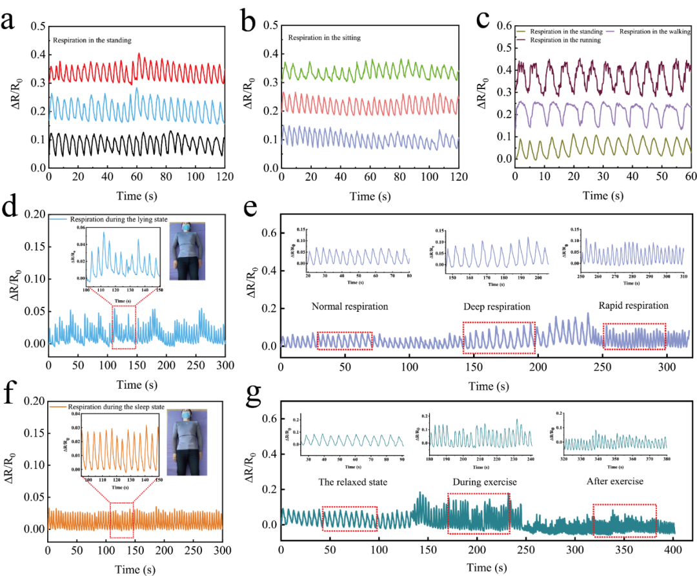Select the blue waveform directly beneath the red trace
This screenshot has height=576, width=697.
click(137, 107)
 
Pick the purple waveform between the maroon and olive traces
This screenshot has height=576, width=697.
click(603, 114)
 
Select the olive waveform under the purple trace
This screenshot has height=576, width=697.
click(603, 147)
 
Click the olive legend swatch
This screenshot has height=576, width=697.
click(521, 31)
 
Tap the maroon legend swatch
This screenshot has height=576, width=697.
click(521, 39)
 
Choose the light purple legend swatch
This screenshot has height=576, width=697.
click(610, 31)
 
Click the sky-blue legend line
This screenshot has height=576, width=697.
click(59, 220)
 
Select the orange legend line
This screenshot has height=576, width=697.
click(58, 406)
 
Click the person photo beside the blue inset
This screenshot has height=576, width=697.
click(187, 251)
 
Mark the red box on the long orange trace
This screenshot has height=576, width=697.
click(122, 520)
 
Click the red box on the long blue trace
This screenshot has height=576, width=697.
click(123, 327)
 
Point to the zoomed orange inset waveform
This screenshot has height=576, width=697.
click(120, 448)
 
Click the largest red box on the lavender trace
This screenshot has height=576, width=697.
click(499, 337)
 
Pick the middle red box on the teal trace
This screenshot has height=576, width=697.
click(478, 513)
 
